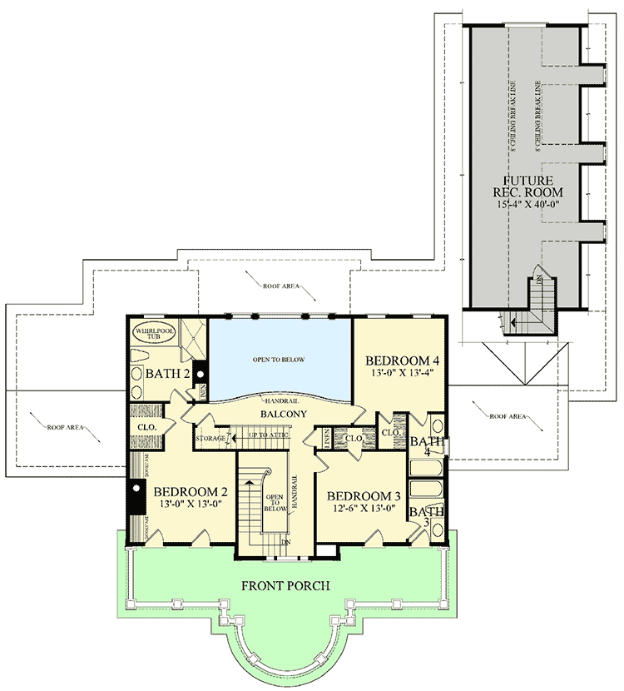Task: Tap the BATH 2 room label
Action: pyautogui.click(x=168, y=374)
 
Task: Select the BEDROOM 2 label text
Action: pyautogui.click(x=191, y=490)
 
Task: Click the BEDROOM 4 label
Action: pyautogui.click(x=402, y=360)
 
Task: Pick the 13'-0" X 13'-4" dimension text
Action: pyautogui.click(x=402, y=374)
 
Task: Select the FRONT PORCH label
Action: pyautogui.click(x=286, y=585)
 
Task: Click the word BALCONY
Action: pyautogui.click(x=283, y=414)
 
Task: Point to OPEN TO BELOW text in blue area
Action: pyautogui.click(x=278, y=360)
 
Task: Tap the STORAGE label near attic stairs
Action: pyautogui.click(x=210, y=437)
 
